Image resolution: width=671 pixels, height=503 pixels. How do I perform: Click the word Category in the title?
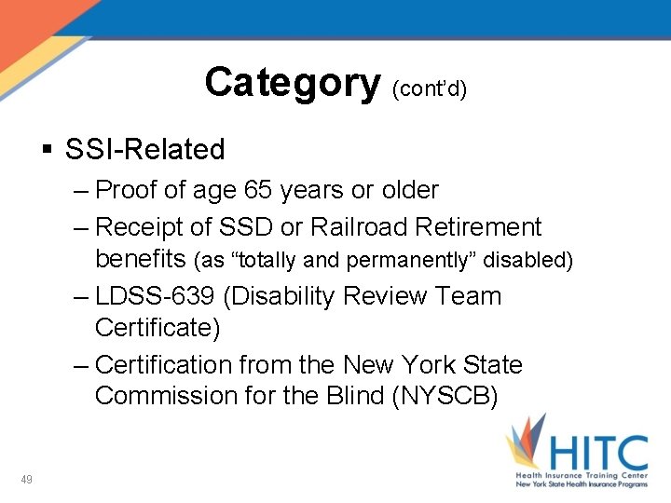point(292,83)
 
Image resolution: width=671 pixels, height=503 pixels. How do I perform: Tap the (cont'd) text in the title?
point(430,88)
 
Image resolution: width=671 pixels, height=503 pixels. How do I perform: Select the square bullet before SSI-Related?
point(48,149)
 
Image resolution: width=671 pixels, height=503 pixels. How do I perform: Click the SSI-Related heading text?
point(145,149)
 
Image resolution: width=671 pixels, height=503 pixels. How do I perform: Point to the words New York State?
point(433,364)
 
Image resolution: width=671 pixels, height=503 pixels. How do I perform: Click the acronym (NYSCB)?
point(445,396)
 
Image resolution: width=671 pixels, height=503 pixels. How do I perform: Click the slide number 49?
point(27,480)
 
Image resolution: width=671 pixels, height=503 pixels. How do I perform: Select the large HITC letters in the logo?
point(597,455)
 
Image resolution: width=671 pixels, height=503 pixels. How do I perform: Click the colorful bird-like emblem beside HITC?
point(527,446)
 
